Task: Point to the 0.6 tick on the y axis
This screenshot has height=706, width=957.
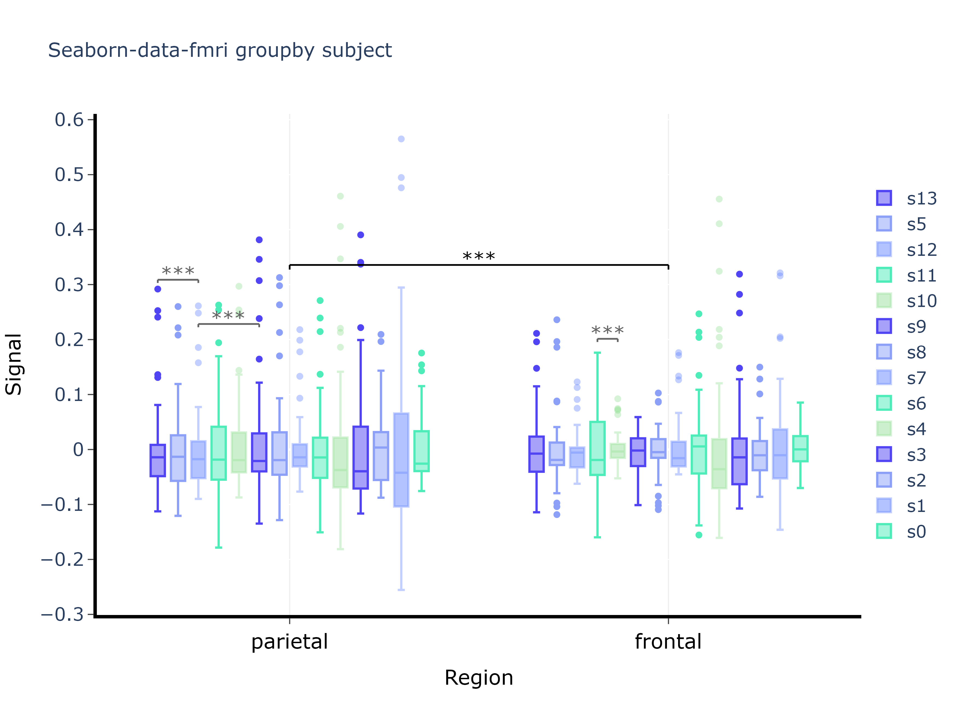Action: (69, 120)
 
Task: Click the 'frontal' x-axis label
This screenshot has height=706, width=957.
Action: (668, 642)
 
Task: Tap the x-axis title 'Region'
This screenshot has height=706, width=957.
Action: (479, 678)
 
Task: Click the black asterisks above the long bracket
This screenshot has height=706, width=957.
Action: (479, 257)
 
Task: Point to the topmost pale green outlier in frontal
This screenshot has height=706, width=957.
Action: (719, 199)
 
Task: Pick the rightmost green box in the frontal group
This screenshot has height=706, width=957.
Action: (800, 449)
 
